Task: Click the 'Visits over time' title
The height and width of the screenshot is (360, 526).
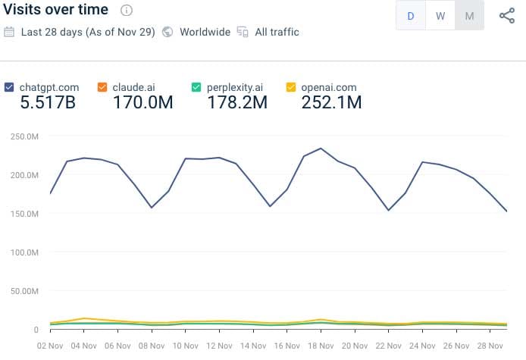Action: pyautogui.click(x=56, y=11)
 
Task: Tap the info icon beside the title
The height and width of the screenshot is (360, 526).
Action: pyautogui.click(x=127, y=11)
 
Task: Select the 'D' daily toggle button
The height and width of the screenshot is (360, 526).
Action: pyautogui.click(x=411, y=16)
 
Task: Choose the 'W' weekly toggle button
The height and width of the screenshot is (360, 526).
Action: pyautogui.click(x=440, y=16)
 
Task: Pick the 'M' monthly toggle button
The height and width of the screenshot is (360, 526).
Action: pyautogui.click(x=469, y=16)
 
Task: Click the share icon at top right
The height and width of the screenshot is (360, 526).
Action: pyautogui.click(x=507, y=16)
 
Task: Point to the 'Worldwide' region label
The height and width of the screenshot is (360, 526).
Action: pyautogui.click(x=205, y=32)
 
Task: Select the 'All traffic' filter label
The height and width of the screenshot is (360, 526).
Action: pyautogui.click(x=277, y=32)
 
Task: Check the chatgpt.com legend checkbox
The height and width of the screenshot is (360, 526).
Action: pyautogui.click(x=9, y=87)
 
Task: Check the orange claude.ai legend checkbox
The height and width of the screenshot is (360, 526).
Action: pyautogui.click(x=102, y=87)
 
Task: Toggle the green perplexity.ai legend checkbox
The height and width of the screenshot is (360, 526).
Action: pyautogui.click(x=196, y=87)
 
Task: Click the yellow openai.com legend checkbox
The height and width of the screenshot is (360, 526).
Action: pyautogui.click(x=291, y=87)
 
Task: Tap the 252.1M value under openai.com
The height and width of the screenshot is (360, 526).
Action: pyautogui.click(x=331, y=102)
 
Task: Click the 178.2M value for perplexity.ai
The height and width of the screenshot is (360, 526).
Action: pyautogui.click(x=236, y=102)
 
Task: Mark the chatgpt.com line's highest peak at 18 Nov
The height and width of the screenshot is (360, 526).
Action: pyautogui.click(x=321, y=149)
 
